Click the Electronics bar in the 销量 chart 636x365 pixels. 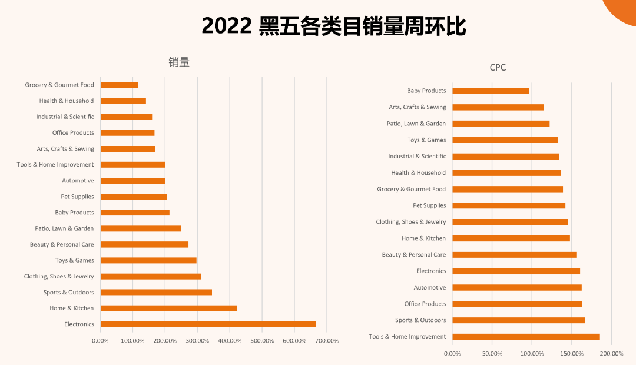click(208, 324)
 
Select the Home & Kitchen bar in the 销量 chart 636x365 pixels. click(168, 308)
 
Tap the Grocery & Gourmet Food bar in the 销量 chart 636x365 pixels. click(120, 85)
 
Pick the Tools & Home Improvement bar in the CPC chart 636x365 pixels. click(526, 337)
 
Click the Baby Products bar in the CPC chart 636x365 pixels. click(491, 91)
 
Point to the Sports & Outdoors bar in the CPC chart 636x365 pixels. click(518, 320)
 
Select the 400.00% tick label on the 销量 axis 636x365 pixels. click(230, 341)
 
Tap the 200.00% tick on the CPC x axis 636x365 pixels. click(611, 353)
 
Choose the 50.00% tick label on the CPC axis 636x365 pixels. click(492, 353)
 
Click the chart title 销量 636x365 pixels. click(179, 62)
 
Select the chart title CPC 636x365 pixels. click(498, 68)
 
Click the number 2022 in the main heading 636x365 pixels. click(227, 26)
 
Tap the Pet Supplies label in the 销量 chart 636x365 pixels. click(77, 197)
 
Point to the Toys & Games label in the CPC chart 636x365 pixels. click(426, 140)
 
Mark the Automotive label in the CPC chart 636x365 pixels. click(430, 287)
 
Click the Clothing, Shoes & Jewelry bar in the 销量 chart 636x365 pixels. click(151, 276)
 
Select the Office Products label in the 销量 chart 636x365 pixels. click(73, 132)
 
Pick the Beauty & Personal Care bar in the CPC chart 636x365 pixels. click(514, 255)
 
